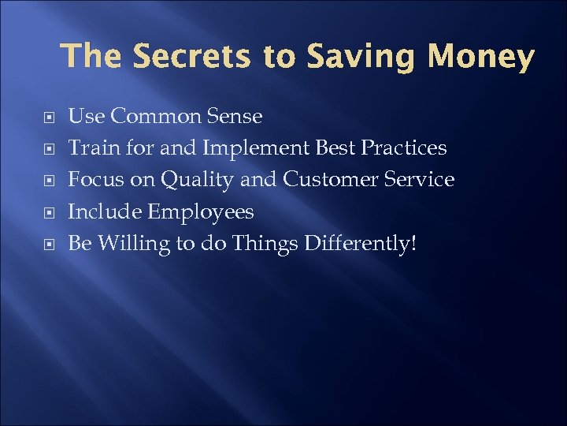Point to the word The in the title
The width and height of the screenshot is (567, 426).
coord(93,57)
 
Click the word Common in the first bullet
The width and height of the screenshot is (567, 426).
coord(155,117)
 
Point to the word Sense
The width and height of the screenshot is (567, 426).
coord(234,117)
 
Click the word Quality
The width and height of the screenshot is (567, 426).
coord(198,181)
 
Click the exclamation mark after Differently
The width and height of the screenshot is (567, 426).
coord(411,243)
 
